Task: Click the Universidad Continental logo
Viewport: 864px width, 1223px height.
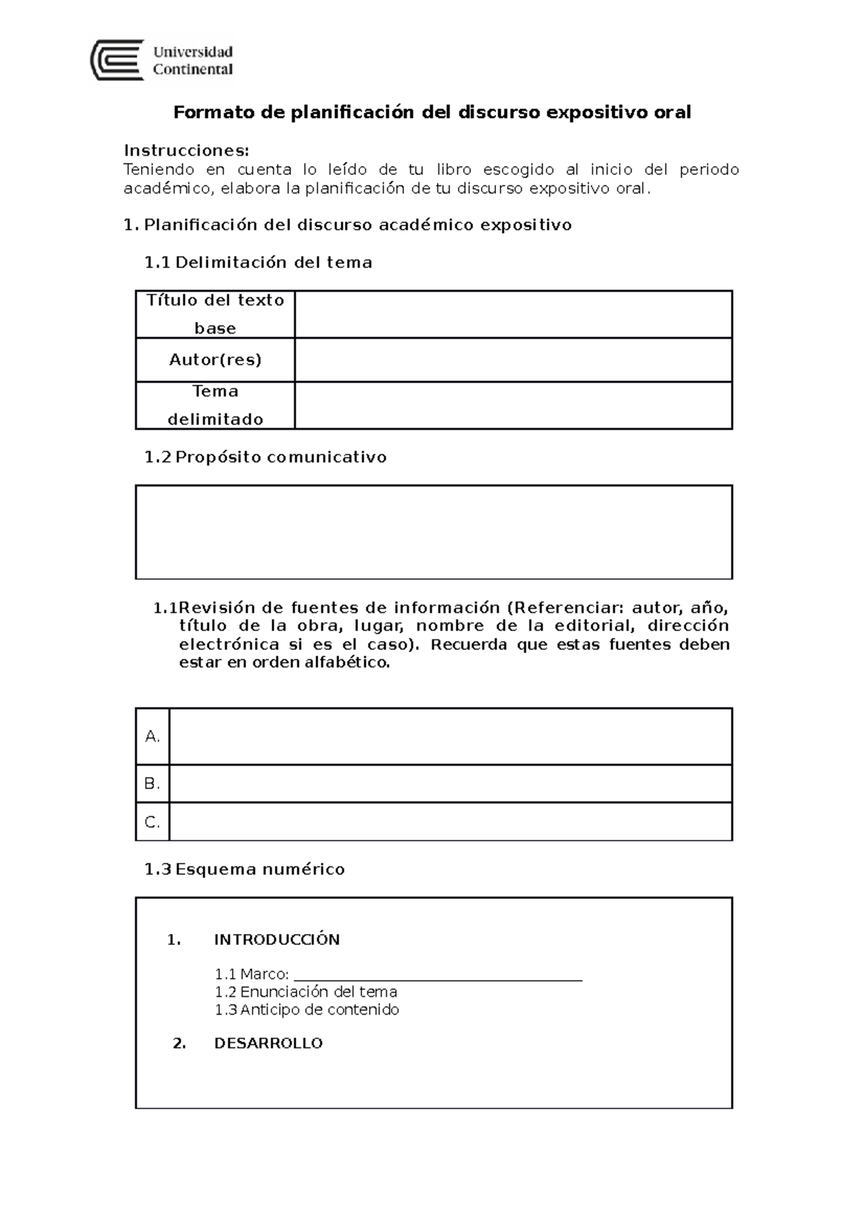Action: pos(162,61)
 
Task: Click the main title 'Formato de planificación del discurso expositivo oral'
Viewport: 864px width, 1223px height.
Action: pos(432,112)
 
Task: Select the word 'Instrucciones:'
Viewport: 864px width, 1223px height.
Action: pos(186,151)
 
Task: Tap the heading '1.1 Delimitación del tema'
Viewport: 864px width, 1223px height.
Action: pos(258,262)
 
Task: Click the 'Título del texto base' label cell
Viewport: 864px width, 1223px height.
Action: pos(215,314)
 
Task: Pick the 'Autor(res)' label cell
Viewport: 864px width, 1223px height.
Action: pos(215,359)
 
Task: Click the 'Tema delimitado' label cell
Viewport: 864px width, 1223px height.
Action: pos(215,405)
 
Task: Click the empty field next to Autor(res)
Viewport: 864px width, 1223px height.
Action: pos(513,359)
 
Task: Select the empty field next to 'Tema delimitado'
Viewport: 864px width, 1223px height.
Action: pos(513,405)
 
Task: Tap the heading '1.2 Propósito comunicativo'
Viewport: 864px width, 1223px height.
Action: pos(266,457)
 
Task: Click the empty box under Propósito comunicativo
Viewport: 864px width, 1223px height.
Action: pos(433,532)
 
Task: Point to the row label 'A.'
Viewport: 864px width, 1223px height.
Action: pos(152,736)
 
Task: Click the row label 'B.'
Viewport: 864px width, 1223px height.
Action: pos(152,784)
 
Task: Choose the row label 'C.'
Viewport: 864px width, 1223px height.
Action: pos(152,822)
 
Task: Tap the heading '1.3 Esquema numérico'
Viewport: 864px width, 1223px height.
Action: pos(245,869)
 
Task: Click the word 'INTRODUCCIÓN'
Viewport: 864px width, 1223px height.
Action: pos(276,939)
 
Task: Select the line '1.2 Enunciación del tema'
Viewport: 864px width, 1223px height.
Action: pos(306,992)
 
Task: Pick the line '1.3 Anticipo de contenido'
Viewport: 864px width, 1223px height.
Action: pos(307,1010)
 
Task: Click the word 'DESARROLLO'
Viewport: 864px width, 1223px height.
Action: pos(268,1043)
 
